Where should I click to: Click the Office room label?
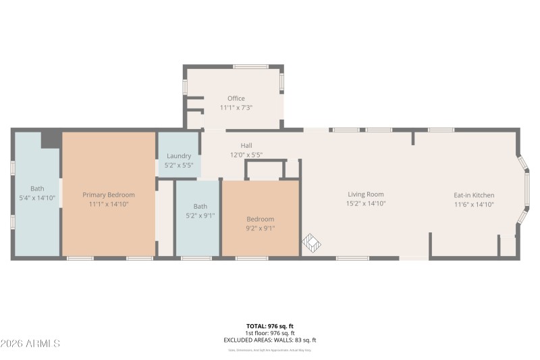[x=236, y=99]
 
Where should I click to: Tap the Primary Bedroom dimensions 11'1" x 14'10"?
[x=109, y=204]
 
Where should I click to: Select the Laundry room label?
[x=179, y=156]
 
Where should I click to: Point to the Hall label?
[x=246, y=146]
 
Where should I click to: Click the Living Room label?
[x=365, y=195]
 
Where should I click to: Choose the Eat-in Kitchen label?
[x=473, y=195]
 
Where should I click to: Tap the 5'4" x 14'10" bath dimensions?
[x=37, y=198]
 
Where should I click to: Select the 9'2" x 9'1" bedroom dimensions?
[x=260, y=228]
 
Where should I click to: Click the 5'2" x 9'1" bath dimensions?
[x=200, y=216]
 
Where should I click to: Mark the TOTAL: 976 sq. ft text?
[x=269, y=326]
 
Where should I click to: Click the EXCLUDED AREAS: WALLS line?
[x=269, y=340]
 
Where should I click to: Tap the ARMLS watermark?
[x=30, y=344]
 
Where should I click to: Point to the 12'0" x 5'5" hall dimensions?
[x=246, y=155]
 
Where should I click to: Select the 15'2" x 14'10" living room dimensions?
[x=365, y=204]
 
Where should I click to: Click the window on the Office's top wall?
[x=251, y=67]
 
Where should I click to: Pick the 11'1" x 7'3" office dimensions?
[x=236, y=108]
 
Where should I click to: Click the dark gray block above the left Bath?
[x=51, y=140]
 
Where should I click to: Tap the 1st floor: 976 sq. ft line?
[x=269, y=334]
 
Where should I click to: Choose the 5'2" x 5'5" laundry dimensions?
[x=179, y=165]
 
